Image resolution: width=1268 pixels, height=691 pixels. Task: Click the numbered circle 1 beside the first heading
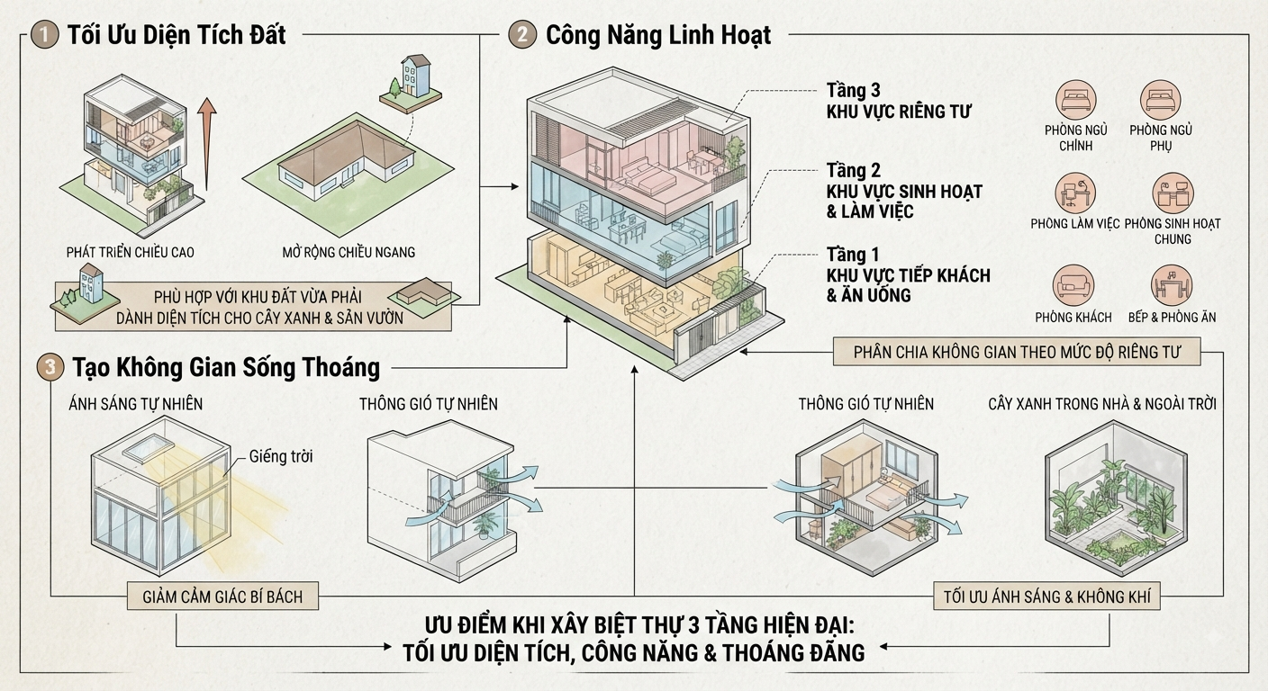pyautogui.click(x=45, y=35)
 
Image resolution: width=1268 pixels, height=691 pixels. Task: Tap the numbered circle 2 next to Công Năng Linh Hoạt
pyautogui.click(x=522, y=34)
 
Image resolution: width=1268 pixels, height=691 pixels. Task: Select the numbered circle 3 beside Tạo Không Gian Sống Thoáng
pyautogui.click(x=50, y=367)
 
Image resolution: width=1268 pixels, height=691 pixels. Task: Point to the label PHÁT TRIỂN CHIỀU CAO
pyautogui.click(x=131, y=252)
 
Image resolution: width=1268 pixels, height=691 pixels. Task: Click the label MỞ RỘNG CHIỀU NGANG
pyautogui.click(x=349, y=252)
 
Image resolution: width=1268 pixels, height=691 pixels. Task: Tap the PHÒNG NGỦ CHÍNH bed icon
pyautogui.click(x=1075, y=101)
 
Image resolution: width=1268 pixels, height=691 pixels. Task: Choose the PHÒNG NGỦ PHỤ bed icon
pyautogui.click(x=1161, y=101)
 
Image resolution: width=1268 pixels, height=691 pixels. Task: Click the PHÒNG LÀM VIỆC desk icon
pyautogui.click(x=1075, y=193)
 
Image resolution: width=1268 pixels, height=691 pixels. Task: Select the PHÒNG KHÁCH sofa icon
pyautogui.click(x=1073, y=285)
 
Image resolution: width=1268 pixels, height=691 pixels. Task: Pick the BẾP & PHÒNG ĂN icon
pyautogui.click(x=1172, y=285)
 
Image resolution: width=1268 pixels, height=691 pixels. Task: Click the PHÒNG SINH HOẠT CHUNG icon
pyautogui.click(x=1173, y=193)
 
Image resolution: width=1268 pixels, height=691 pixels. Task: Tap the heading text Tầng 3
pyautogui.click(x=853, y=91)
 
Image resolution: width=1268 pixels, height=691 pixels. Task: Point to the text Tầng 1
pyautogui.click(x=853, y=255)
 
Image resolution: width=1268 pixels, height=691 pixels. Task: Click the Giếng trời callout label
pyautogui.click(x=281, y=456)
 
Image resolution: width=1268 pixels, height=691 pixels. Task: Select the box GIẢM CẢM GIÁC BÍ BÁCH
pyautogui.click(x=222, y=597)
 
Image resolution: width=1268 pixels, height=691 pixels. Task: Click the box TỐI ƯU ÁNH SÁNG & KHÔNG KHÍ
pyautogui.click(x=1046, y=597)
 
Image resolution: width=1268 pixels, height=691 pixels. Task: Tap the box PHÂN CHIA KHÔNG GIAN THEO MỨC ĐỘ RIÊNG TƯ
pyautogui.click(x=1017, y=353)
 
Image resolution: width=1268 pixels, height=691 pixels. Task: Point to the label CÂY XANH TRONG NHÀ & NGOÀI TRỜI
pyautogui.click(x=1102, y=404)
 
